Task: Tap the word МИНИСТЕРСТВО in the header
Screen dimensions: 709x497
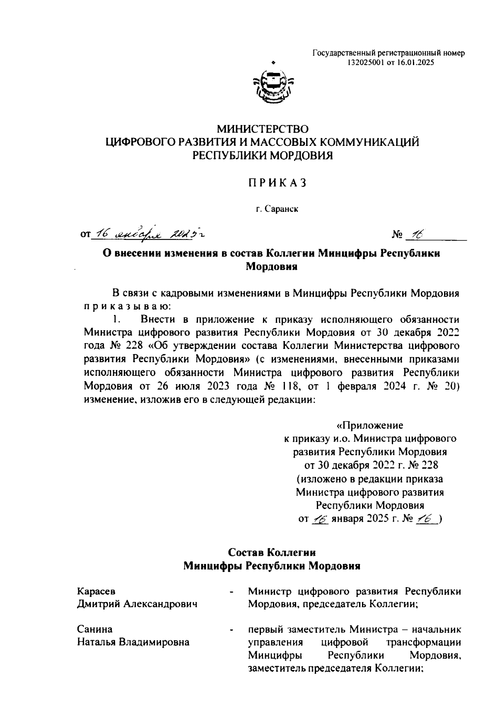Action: (263, 129)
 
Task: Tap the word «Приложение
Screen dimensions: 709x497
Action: (369, 425)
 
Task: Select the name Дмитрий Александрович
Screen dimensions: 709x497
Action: (136, 604)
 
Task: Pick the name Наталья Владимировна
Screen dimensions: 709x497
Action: (133, 642)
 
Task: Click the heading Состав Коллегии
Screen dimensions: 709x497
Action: (272, 552)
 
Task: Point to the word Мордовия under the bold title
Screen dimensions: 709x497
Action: (272, 266)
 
